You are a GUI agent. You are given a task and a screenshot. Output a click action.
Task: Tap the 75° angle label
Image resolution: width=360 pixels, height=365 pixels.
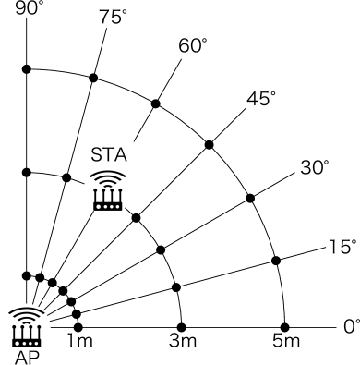(x=111, y=16)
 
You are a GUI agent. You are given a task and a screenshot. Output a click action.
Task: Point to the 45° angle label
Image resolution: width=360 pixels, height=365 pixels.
(x=259, y=98)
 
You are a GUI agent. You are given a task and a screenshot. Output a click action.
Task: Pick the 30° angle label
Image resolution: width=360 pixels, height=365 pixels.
(x=315, y=167)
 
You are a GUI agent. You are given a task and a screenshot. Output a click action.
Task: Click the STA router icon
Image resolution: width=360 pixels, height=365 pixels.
(x=108, y=191)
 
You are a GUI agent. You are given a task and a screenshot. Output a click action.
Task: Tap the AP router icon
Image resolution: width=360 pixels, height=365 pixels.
(x=25, y=323)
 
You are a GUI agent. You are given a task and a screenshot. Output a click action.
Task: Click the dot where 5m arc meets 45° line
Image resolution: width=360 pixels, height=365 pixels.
(x=210, y=144)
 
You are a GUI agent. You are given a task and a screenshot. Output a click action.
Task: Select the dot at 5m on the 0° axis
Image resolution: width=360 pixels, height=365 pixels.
(x=285, y=326)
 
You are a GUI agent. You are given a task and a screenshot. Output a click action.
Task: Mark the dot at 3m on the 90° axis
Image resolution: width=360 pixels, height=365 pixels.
(x=28, y=172)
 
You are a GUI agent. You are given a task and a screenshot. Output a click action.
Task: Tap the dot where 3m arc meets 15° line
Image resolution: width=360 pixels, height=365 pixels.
(x=177, y=285)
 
